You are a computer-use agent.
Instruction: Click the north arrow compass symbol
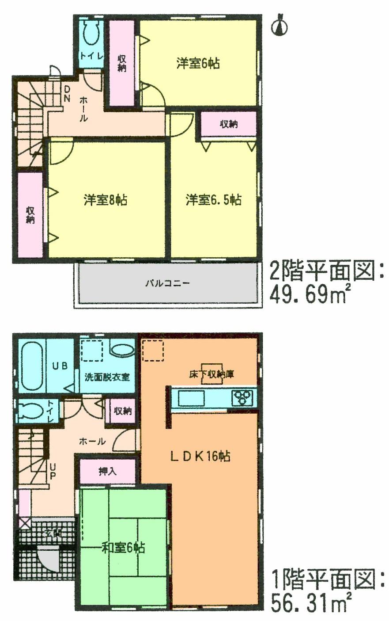[279, 25]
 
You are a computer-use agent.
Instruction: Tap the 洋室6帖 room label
[198, 64]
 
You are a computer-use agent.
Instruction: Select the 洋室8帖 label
[106, 200]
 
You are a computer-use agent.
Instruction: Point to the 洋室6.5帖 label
[213, 200]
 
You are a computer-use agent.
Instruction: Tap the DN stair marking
[67, 94]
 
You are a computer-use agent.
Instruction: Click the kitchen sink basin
[191, 399]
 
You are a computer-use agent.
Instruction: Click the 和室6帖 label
[123, 548]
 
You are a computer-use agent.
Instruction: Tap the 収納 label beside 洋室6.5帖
[229, 125]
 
